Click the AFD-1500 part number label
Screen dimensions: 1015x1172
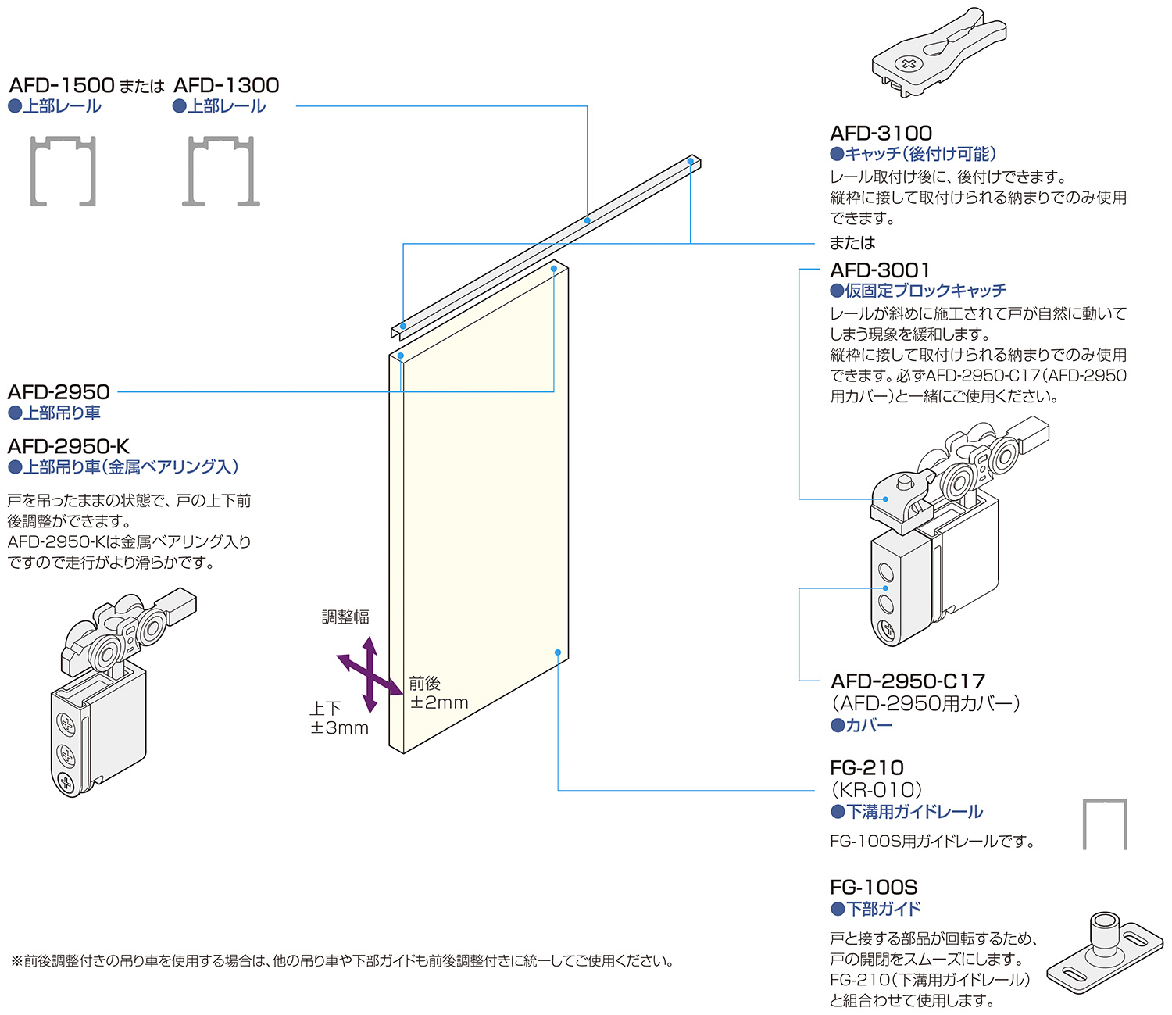62,85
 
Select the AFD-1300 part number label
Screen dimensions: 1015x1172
226,85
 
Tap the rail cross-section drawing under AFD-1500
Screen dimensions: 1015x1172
63,171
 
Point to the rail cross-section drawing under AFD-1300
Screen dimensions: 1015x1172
222,171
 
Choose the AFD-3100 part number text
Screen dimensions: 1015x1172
881,134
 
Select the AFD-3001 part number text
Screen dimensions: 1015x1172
880,270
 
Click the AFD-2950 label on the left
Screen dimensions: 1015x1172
59,392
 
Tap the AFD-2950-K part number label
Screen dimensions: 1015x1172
69,447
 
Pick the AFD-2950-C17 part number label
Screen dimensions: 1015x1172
908,681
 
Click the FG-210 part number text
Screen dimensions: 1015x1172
866,768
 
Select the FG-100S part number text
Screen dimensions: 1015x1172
874,888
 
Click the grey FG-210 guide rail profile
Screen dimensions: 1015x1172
1105,824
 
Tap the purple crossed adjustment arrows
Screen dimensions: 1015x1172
369,674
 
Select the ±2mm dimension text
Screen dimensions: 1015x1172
439,702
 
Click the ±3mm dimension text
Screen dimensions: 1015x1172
339,728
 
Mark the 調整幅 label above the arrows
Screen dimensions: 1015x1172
345,617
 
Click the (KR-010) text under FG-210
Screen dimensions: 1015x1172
877,790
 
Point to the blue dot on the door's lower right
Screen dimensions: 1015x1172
558,652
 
